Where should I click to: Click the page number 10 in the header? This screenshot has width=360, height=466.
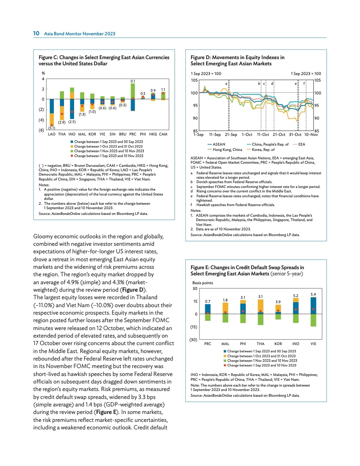37,33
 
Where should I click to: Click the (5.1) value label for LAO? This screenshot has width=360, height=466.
52,128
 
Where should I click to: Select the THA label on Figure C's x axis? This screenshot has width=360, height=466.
62,134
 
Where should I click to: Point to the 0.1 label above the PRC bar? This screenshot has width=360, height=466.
132,81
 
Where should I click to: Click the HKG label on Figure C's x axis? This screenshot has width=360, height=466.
153,134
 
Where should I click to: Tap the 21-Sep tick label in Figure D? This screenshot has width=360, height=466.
231,134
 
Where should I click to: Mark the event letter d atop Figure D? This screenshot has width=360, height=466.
272,83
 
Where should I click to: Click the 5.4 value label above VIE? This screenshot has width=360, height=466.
313,293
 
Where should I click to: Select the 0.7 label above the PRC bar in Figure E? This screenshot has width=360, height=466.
208,301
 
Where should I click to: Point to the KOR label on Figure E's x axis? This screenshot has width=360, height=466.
278,343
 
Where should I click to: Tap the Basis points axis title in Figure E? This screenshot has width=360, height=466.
202,282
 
